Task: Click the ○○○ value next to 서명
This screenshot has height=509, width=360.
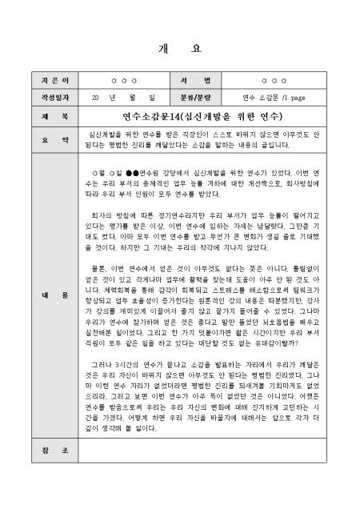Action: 273,81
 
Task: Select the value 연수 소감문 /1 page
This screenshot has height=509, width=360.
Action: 273,97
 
